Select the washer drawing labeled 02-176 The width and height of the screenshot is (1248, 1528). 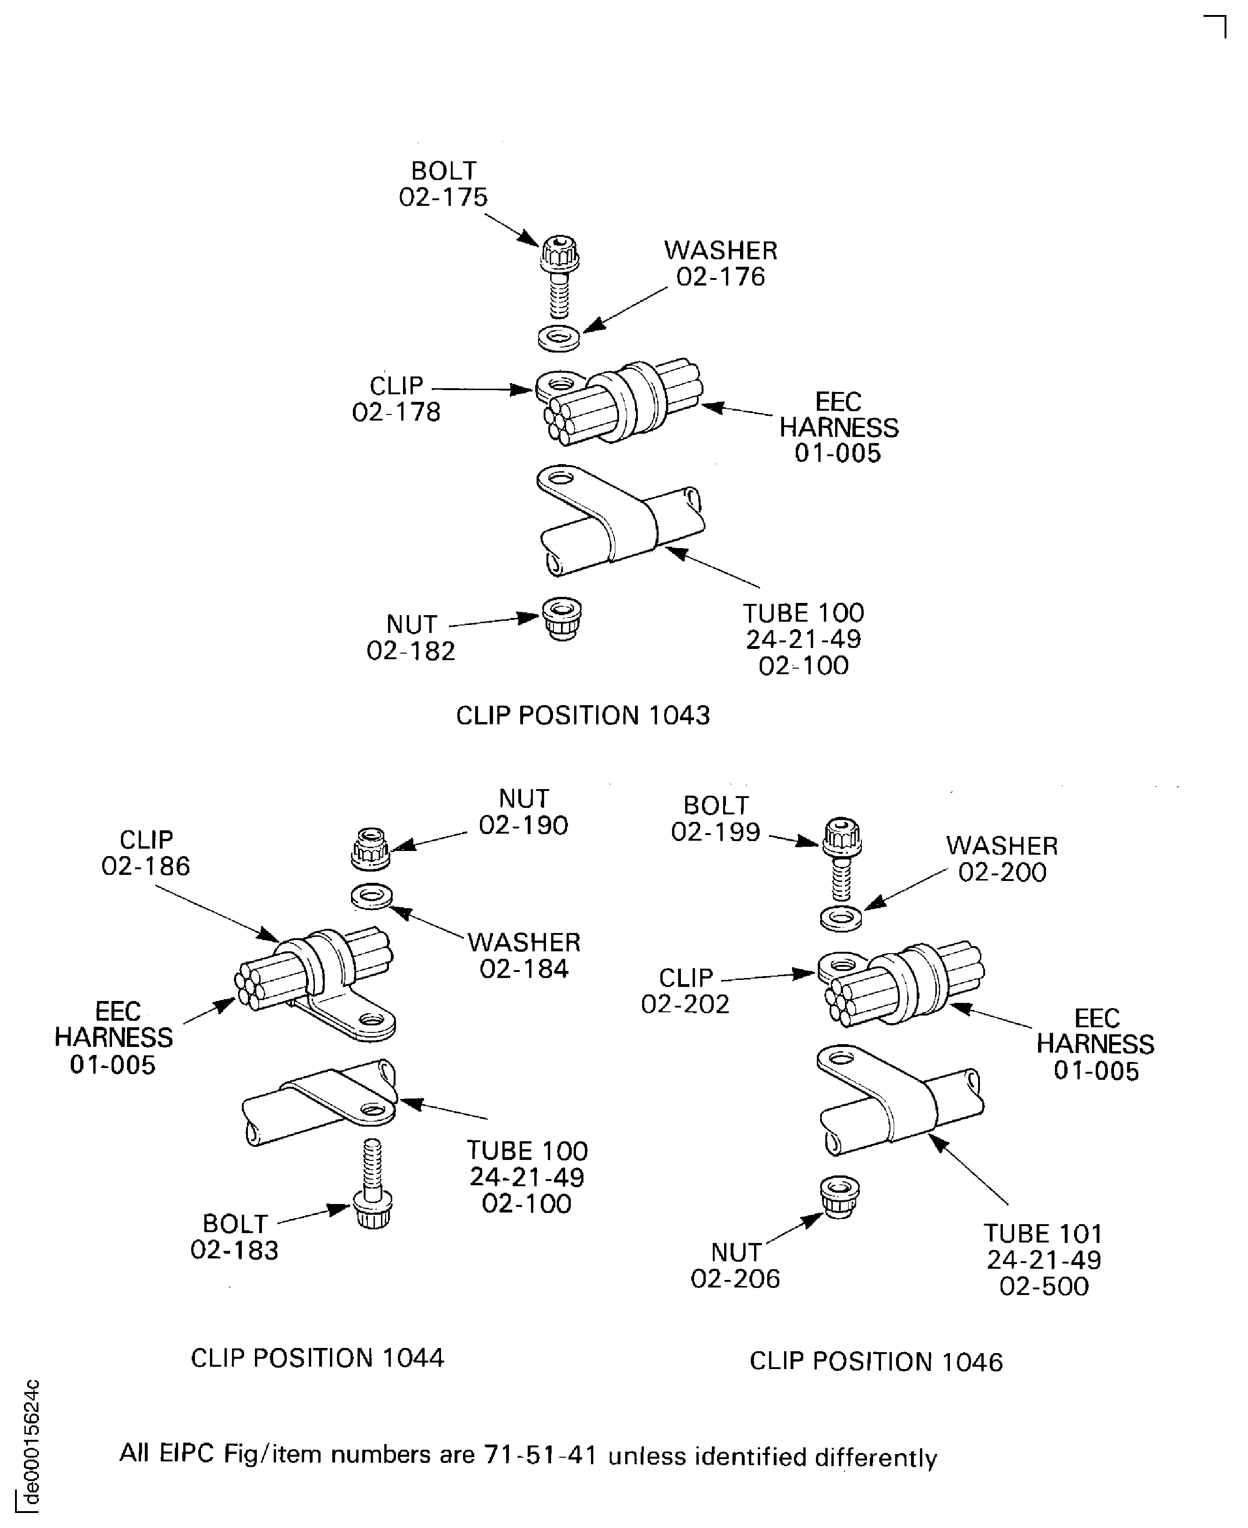tap(559, 338)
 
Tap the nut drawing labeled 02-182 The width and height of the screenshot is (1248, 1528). tap(561, 618)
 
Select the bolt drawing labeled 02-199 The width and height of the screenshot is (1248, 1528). tap(841, 859)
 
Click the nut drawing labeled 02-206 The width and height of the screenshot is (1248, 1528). tap(840, 1197)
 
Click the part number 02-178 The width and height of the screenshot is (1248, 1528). tap(396, 412)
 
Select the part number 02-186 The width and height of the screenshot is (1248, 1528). tap(146, 866)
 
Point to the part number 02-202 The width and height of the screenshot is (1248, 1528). tap(685, 1004)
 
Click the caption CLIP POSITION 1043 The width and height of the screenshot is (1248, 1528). tap(583, 715)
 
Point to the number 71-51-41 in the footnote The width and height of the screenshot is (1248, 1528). tap(541, 1455)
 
